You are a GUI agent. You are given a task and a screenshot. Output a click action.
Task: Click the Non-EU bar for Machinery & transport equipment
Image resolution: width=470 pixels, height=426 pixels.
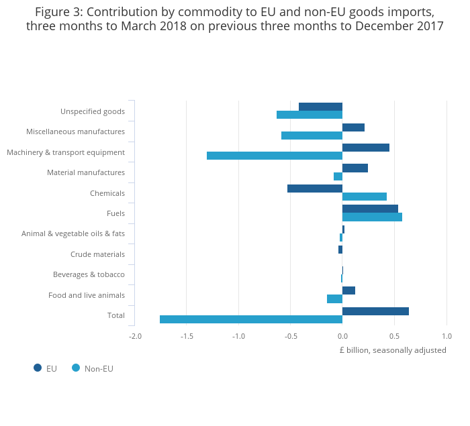click(x=275, y=156)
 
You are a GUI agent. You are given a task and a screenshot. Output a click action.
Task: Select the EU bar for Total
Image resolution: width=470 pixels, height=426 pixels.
click(x=375, y=311)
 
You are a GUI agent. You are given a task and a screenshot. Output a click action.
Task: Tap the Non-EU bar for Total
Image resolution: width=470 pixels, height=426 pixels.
click(x=251, y=319)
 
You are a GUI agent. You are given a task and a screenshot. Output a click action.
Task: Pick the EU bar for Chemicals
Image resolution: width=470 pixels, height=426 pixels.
click(x=315, y=189)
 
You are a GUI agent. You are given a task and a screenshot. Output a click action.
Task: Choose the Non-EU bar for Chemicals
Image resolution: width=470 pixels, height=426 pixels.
click(x=365, y=197)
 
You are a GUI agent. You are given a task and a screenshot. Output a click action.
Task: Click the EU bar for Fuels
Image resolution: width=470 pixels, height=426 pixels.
click(x=370, y=209)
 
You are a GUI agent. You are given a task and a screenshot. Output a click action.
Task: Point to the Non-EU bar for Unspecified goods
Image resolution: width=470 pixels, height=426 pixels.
click(x=310, y=115)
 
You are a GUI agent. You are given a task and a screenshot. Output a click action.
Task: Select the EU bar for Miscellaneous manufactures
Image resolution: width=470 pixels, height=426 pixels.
click(x=353, y=127)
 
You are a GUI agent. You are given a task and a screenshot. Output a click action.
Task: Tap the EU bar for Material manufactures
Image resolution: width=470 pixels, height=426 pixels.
click(x=355, y=168)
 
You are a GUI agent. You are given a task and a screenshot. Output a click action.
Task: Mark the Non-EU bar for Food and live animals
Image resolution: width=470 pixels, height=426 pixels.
click(x=334, y=299)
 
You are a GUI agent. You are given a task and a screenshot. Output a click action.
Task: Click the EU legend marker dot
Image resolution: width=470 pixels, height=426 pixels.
click(x=38, y=368)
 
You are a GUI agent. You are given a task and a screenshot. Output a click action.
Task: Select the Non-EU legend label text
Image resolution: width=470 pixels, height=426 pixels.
click(x=99, y=368)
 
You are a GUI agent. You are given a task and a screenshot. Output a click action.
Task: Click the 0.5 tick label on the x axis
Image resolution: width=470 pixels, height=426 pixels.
click(x=394, y=336)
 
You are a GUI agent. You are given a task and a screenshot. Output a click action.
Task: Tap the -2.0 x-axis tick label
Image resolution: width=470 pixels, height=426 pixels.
click(x=135, y=336)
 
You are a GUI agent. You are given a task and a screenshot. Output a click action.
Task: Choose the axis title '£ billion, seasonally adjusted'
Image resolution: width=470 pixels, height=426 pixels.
click(x=393, y=350)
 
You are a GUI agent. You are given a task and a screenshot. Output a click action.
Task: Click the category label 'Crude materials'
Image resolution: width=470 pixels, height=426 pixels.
click(x=97, y=254)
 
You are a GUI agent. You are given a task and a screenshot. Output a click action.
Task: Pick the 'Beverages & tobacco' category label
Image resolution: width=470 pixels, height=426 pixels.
click(x=89, y=274)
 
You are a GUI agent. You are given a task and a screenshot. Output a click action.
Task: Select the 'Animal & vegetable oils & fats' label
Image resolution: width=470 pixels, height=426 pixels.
click(x=73, y=233)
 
